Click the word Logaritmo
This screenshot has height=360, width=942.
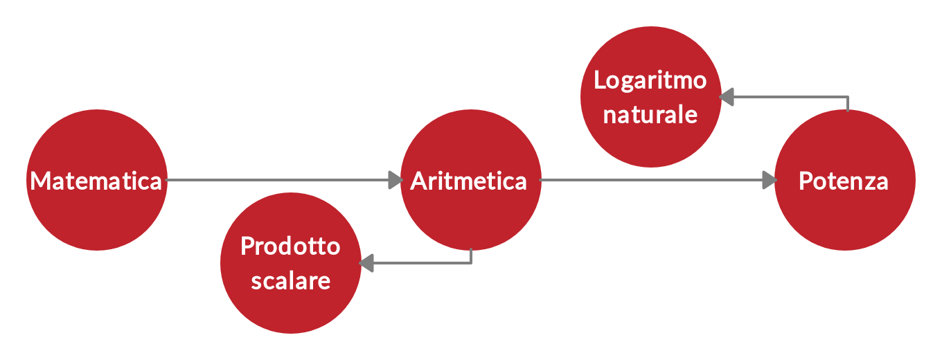tap(650, 80)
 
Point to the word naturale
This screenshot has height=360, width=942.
tap(650, 114)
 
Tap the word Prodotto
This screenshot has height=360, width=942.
tap(291, 246)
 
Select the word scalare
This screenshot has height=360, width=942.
tap(291, 281)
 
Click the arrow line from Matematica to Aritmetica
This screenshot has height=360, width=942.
tap(277, 180)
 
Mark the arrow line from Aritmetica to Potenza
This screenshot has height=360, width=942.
tap(651, 180)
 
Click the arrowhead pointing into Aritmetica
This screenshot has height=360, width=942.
tap(396, 180)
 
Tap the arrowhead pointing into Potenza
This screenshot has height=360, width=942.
tap(769, 180)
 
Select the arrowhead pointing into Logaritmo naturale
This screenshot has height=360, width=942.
tap(727, 97)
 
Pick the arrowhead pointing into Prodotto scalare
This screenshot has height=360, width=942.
tap(366, 263)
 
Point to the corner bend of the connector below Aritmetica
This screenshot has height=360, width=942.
tap(471, 263)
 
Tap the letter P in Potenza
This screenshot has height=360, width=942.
tap(806, 181)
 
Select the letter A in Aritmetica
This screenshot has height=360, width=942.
tap(418, 181)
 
